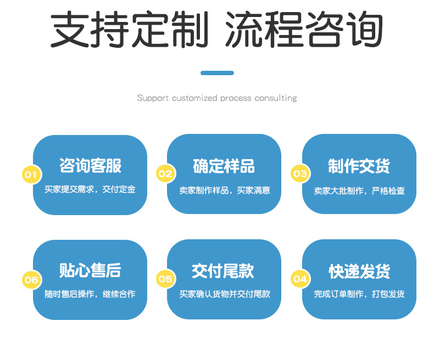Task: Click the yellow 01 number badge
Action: click(x=31, y=175)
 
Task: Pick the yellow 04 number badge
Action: click(x=300, y=279)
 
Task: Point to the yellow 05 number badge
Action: click(x=165, y=279)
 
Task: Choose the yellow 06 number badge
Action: click(x=31, y=280)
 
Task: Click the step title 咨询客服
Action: click(x=90, y=166)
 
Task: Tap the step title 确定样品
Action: click(x=224, y=166)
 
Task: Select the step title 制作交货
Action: click(x=359, y=166)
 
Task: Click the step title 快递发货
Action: click(x=359, y=271)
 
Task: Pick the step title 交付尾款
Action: click(x=224, y=271)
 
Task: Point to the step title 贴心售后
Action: click(x=90, y=271)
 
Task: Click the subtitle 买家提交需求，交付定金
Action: click(x=90, y=190)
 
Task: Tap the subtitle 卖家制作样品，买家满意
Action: click(x=224, y=190)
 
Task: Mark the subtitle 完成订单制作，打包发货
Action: click(x=359, y=295)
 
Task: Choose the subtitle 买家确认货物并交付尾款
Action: click(x=224, y=295)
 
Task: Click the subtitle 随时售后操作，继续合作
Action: click(x=90, y=295)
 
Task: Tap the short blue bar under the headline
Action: click(x=217, y=73)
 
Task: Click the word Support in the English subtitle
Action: click(x=153, y=99)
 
